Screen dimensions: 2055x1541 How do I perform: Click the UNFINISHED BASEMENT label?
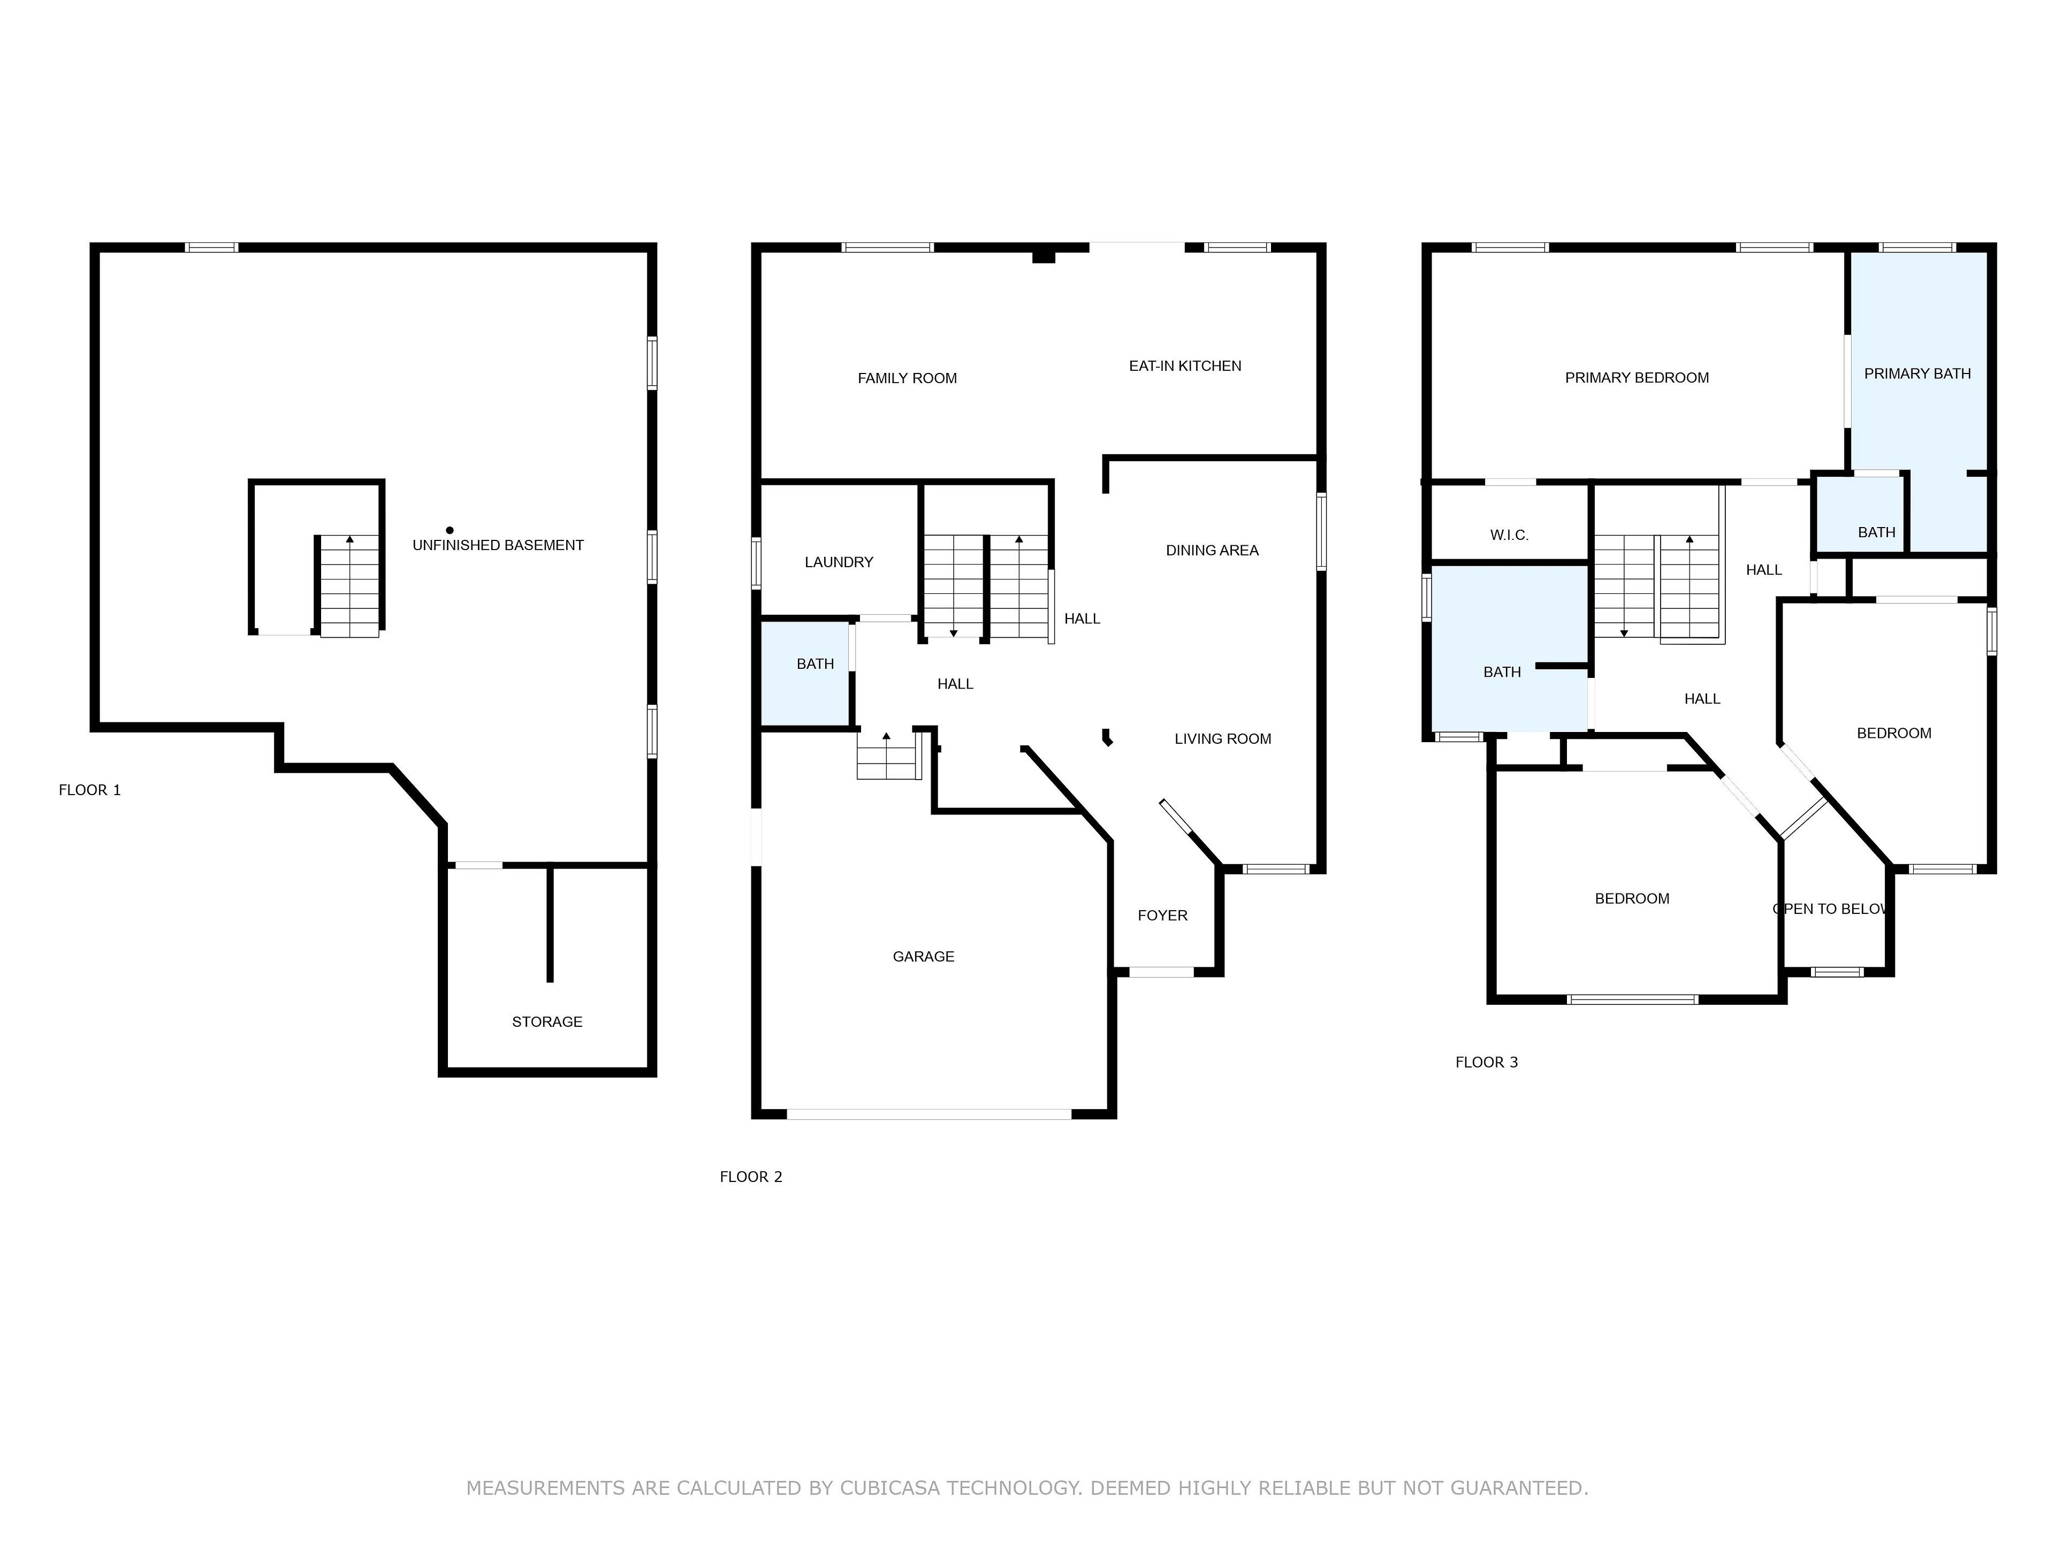(x=498, y=545)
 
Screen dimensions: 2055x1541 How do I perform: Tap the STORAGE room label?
(x=547, y=1022)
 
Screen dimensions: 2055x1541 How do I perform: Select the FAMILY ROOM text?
(x=907, y=378)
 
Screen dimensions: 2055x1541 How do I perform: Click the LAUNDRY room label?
(x=839, y=562)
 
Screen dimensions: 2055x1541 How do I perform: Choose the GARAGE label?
(x=924, y=957)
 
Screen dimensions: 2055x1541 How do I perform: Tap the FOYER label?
(x=1162, y=916)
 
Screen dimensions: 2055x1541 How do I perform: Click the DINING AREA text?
(x=1212, y=551)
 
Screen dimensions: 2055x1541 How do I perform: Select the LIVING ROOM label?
(x=1223, y=739)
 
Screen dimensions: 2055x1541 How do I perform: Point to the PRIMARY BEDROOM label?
(x=1637, y=378)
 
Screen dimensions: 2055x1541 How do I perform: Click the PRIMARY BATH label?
(x=1917, y=373)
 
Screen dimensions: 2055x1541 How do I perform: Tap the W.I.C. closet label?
(x=1509, y=535)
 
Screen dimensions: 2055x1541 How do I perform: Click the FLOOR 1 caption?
(x=90, y=790)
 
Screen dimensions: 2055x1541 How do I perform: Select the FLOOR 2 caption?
(x=751, y=1177)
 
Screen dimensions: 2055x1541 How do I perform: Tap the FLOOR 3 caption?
(x=1487, y=1063)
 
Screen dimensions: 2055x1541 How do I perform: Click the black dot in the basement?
(x=450, y=530)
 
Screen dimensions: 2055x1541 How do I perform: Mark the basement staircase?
(x=349, y=586)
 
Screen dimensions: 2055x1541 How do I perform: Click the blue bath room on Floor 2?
(x=805, y=674)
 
